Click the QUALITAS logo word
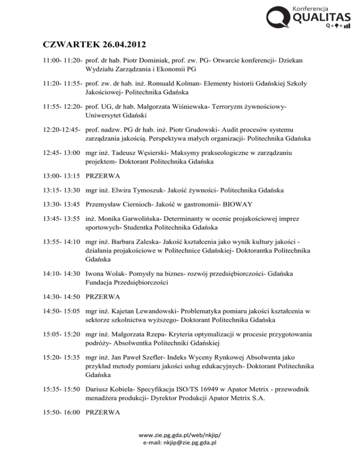pyautogui.click(x=322, y=18)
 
